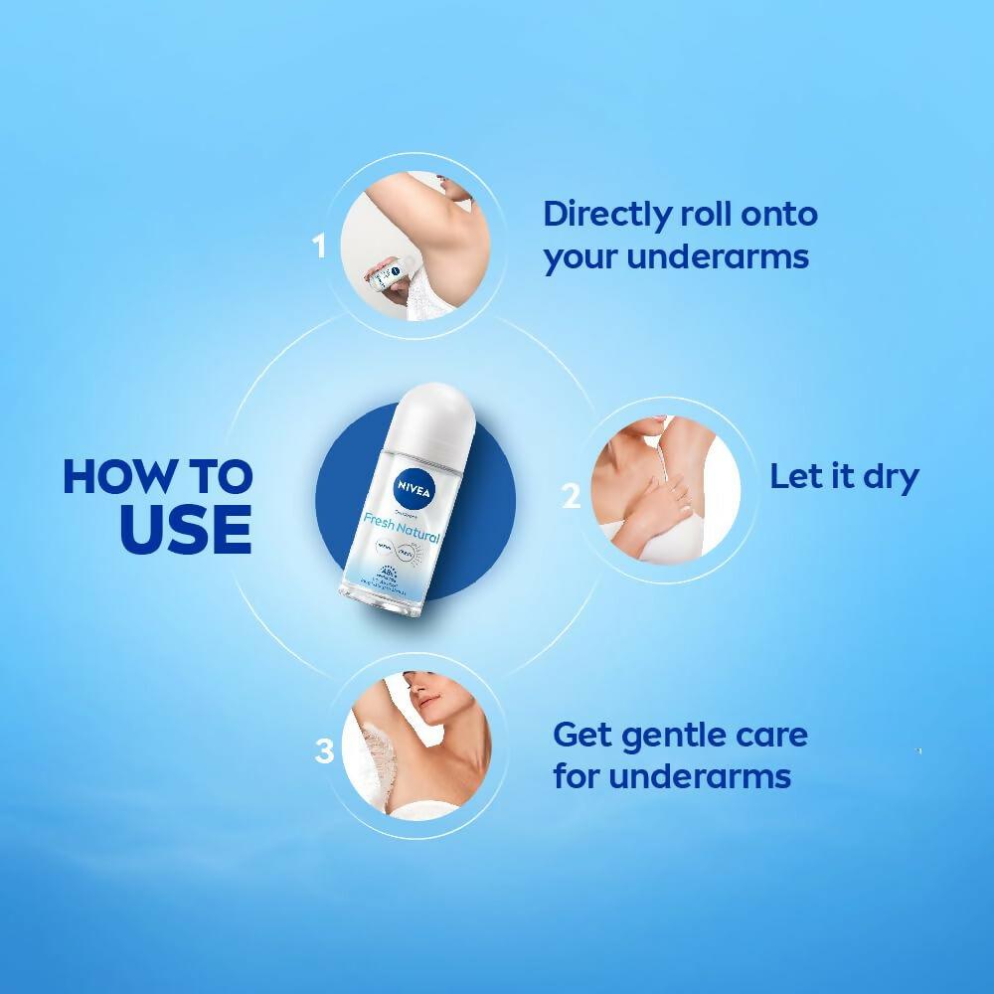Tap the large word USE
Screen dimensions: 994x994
click(185, 529)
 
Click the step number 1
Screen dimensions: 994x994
click(319, 246)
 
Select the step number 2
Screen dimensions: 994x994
click(571, 496)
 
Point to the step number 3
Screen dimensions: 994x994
click(324, 751)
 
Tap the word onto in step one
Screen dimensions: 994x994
click(772, 215)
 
